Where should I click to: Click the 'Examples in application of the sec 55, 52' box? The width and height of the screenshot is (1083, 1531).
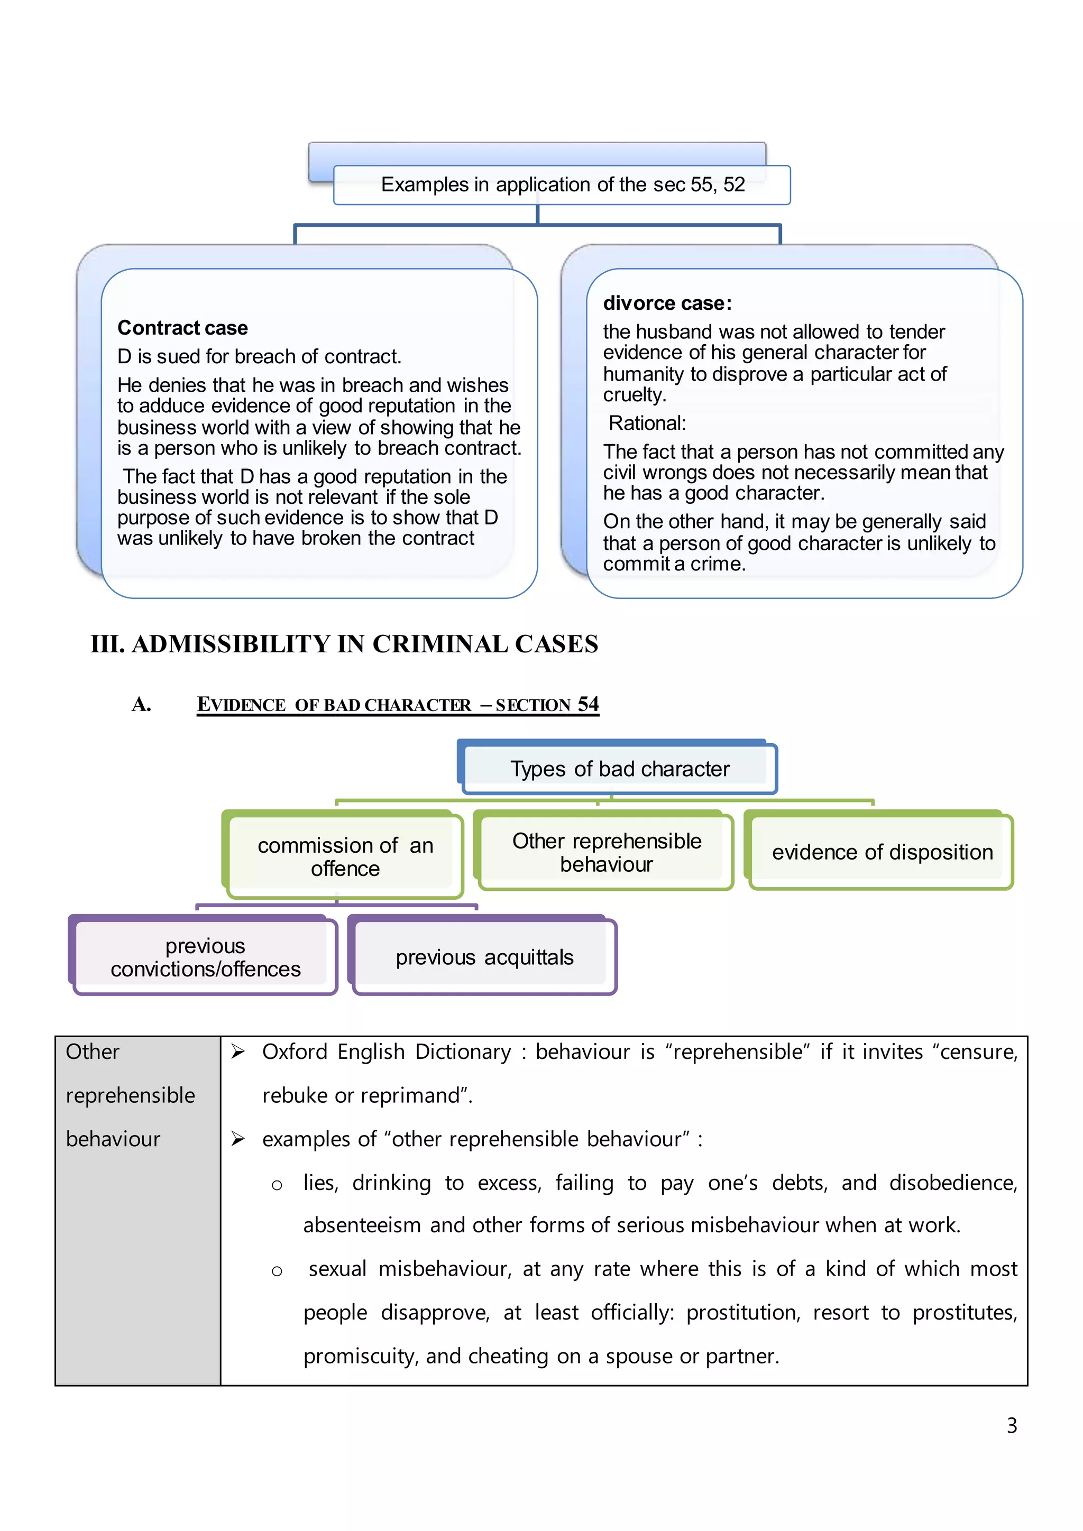click(562, 185)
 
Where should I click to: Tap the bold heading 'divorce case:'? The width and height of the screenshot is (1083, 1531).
click(667, 303)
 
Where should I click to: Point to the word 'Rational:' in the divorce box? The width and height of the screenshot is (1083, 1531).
click(647, 423)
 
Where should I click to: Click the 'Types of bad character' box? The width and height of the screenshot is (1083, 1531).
click(620, 769)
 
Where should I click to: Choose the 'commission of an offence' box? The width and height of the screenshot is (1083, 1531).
click(345, 857)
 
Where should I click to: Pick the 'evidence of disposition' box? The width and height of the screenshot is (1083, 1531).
click(882, 852)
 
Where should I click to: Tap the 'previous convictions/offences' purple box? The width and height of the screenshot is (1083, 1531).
click(205, 957)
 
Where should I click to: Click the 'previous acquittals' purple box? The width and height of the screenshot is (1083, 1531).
click(484, 957)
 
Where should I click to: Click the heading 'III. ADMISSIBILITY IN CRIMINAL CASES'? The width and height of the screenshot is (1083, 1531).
click(344, 644)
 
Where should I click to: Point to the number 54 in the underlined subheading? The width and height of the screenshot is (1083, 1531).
click(588, 704)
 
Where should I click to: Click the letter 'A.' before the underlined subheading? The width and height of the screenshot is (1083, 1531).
click(141, 705)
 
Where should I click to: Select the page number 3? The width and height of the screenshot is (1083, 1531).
click(1011, 1426)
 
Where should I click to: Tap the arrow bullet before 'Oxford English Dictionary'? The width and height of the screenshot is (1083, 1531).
click(238, 1052)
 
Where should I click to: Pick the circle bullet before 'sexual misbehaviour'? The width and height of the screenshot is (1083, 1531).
click(277, 1271)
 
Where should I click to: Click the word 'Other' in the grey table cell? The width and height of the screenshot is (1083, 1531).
click(92, 1052)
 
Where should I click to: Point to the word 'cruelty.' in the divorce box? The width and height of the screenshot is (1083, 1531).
click(634, 395)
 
